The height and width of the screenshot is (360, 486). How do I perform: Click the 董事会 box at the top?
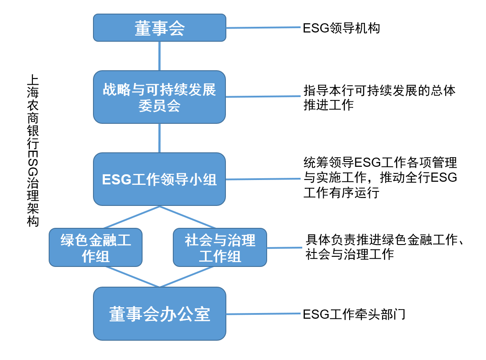tap(159, 28)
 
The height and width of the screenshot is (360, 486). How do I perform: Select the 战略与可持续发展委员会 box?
tap(159, 97)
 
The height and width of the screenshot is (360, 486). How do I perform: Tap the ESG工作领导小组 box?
tap(159, 179)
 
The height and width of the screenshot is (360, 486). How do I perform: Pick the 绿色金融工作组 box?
tap(96, 247)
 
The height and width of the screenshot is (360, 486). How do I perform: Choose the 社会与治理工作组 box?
tap(220, 247)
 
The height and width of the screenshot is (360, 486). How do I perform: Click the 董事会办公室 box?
tap(159, 313)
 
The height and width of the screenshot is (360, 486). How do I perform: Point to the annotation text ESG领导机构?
tap(341, 28)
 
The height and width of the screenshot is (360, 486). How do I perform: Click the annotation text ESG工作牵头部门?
tap(354, 314)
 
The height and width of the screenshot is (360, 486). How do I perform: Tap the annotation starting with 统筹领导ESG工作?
tap(380, 178)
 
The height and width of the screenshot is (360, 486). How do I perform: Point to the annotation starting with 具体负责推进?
tap(384, 247)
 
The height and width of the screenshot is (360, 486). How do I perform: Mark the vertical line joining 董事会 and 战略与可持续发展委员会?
tap(159, 56)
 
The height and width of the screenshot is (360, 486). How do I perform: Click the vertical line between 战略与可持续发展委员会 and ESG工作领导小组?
tap(159, 138)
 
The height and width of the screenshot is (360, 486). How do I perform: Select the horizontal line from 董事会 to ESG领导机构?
tap(263, 28)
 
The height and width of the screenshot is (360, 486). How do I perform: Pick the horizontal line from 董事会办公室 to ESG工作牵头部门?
tap(263, 313)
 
